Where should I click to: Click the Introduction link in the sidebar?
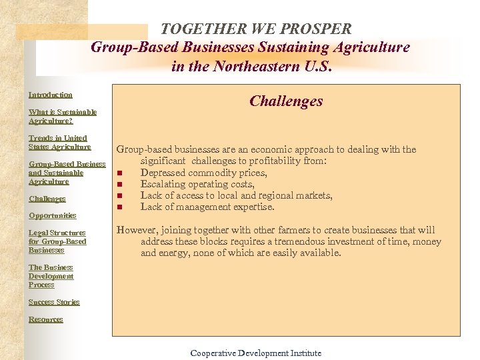pyautogui.click(x=51, y=95)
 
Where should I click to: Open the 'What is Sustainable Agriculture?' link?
pyautogui.click(x=62, y=117)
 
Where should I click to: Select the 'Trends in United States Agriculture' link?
pyautogui.click(x=59, y=143)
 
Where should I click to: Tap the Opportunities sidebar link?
pyautogui.click(x=52, y=215)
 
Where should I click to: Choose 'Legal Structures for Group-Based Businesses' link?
pyautogui.click(x=57, y=241)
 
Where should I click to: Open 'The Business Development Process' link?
pyautogui.click(x=51, y=276)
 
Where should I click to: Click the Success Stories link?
pyautogui.click(x=54, y=302)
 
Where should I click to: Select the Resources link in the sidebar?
pyautogui.click(x=45, y=319)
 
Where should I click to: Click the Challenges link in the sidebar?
pyautogui.click(x=47, y=199)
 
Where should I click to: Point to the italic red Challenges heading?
pyautogui.click(x=286, y=101)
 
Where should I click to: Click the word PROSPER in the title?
pyautogui.click(x=314, y=29)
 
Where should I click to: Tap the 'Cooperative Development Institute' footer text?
pyautogui.click(x=255, y=353)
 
